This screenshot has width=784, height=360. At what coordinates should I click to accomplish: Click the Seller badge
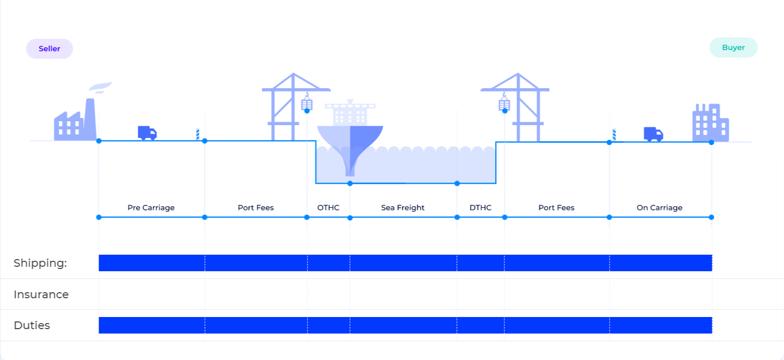[50, 49]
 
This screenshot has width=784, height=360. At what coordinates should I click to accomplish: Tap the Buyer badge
[733, 47]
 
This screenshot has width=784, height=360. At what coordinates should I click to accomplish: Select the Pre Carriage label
[151, 208]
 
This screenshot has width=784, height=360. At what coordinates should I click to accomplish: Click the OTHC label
[328, 208]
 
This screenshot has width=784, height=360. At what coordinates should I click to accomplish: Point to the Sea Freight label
[403, 208]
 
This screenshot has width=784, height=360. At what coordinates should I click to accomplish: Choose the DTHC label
[480, 208]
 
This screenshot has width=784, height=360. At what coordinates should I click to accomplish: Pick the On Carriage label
[659, 208]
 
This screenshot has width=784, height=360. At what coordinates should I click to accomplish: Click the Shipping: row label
[40, 263]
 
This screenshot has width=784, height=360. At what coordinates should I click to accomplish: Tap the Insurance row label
[41, 294]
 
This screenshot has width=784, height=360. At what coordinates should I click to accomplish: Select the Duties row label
[32, 325]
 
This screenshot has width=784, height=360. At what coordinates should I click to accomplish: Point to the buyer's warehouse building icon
[711, 122]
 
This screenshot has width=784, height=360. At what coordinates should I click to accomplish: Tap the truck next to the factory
[147, 133]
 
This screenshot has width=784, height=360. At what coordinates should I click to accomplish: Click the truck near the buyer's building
[653, 134]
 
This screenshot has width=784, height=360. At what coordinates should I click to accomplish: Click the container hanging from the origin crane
[307, 104]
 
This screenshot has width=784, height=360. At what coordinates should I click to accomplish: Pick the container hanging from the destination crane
[504, 104]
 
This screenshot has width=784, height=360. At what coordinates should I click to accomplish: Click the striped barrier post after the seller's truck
[197, 135]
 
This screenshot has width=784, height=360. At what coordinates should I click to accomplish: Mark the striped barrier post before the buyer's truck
[614, 135]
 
